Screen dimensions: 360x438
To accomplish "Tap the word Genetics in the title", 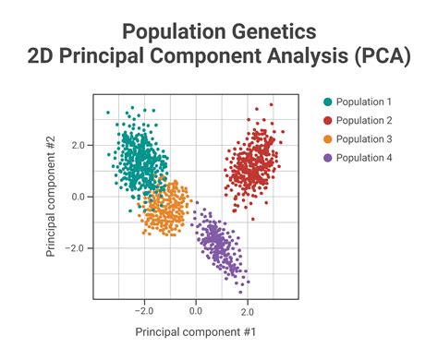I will coord(268,32).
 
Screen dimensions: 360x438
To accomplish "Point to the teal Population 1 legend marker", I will coord(327,102).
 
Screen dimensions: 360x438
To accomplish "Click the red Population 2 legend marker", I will coord(327,121).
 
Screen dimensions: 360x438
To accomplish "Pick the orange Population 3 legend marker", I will coord(327,139).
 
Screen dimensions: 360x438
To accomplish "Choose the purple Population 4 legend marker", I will coord(327,159).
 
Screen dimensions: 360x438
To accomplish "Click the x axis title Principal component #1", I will coord(195,330).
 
